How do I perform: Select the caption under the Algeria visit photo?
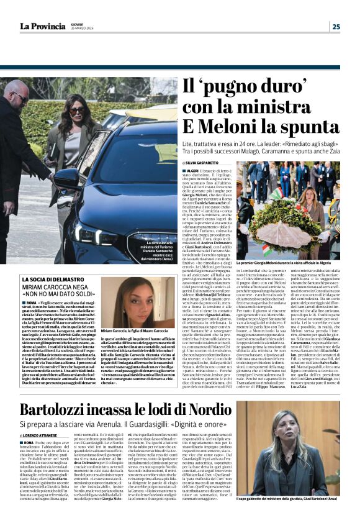tap(286, 263)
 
